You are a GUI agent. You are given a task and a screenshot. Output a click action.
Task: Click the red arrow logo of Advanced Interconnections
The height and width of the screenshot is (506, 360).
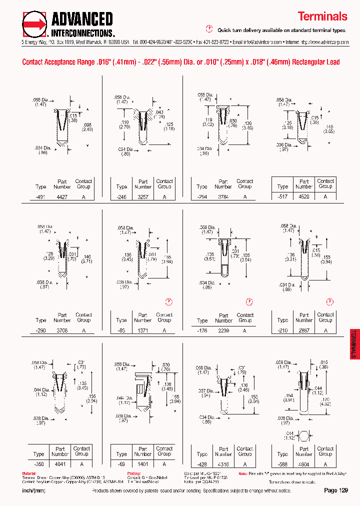pos(35,23)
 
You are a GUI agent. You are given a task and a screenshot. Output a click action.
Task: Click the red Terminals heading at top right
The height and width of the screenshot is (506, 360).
pos(322,16)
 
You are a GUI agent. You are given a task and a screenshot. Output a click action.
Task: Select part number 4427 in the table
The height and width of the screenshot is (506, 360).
pos(62,197)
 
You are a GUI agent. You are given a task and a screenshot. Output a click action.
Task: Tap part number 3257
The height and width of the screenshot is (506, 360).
pos(143,197)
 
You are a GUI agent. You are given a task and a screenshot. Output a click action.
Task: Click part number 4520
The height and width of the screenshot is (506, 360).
pos(304,197)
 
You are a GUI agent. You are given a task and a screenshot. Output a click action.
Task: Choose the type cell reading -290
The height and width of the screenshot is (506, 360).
pos(41,331)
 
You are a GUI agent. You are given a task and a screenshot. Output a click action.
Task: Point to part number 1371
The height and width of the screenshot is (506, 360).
pos(143,331)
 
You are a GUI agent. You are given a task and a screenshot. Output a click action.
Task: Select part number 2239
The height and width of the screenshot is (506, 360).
pos(223,331)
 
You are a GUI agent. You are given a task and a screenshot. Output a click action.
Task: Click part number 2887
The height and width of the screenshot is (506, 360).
pos(304,331)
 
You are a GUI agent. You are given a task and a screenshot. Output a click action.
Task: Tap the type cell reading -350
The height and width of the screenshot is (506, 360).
pos(38,464)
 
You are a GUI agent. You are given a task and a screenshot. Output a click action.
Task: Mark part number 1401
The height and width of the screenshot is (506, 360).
pos(143,464)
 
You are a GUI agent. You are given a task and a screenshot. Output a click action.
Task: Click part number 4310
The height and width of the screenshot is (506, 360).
pos(223,464)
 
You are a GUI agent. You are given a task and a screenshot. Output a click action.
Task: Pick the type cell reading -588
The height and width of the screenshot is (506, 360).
pos(283,464)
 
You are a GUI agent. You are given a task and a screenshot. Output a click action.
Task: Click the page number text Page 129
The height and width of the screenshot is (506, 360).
pos(335,490)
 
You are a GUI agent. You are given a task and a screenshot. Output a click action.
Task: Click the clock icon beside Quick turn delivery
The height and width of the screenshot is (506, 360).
pos(210,29)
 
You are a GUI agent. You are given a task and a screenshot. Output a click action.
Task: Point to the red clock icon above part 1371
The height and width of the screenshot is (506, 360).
pos(169,301)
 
